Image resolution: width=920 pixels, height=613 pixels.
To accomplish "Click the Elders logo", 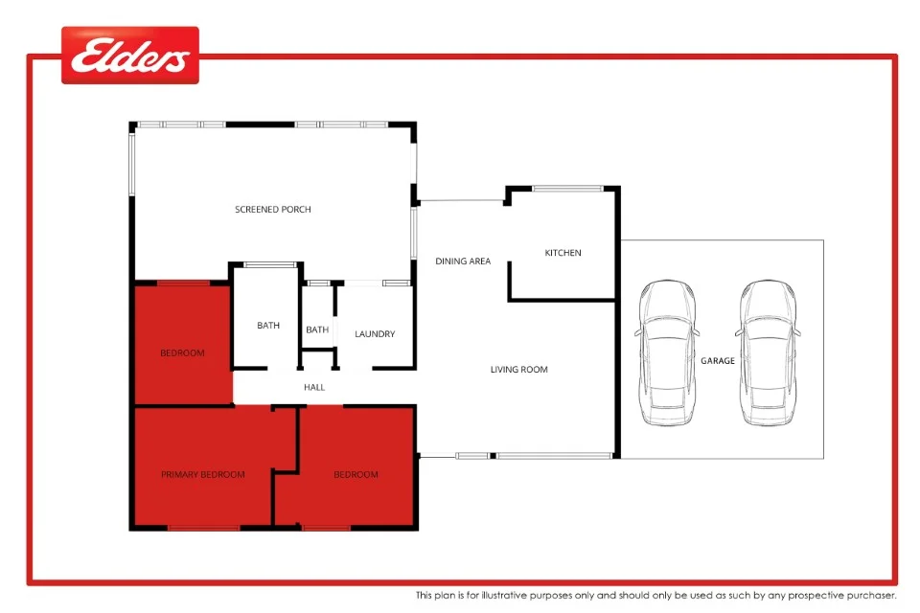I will pos(130,56).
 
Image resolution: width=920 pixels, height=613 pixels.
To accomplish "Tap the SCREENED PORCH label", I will pos(273,210).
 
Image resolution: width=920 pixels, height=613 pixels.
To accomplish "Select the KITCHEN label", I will pos(563,253).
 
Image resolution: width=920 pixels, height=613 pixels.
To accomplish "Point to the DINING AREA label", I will pos(463,261).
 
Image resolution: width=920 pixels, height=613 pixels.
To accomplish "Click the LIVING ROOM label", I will pos(518,370).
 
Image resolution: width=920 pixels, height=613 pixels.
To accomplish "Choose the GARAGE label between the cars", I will pos(717,361).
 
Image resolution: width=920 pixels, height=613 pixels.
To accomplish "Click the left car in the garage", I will pos(667,352).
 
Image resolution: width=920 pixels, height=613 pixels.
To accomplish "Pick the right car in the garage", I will pos(769,352).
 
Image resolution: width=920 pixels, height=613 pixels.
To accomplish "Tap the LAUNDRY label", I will pos(375,334).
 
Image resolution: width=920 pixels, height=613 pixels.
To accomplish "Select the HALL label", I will pos(314,388).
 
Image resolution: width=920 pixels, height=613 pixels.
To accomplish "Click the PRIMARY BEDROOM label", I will pos(202,475).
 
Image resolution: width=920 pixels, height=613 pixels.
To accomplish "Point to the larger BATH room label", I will pos(268,326).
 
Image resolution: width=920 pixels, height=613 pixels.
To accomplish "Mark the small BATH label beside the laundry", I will pos(317,330).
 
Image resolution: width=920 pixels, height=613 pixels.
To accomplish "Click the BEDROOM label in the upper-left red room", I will pos(182,353).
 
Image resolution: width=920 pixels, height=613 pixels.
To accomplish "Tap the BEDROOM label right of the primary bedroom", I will pos(356,475).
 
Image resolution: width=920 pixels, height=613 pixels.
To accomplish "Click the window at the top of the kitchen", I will pos(568,188).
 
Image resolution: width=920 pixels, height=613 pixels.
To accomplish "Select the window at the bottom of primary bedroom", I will pos(203,528).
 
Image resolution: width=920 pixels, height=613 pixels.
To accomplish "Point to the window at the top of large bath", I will pos(268,264).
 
